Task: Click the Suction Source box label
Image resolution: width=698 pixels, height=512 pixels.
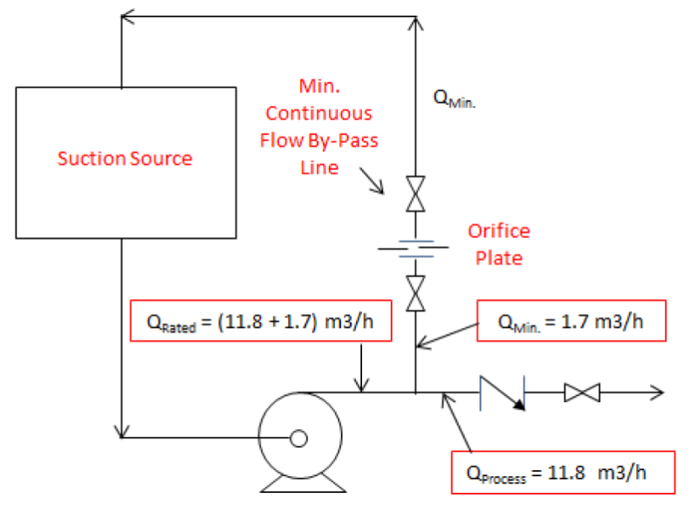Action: pos(125,159)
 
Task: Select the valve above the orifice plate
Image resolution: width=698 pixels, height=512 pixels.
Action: pos(416,193)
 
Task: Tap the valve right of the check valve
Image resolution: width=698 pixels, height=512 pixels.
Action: pos(581,393)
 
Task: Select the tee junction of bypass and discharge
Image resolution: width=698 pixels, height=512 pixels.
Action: pos(416,393)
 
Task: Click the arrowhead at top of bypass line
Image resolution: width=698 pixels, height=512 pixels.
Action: pos(416,22)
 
